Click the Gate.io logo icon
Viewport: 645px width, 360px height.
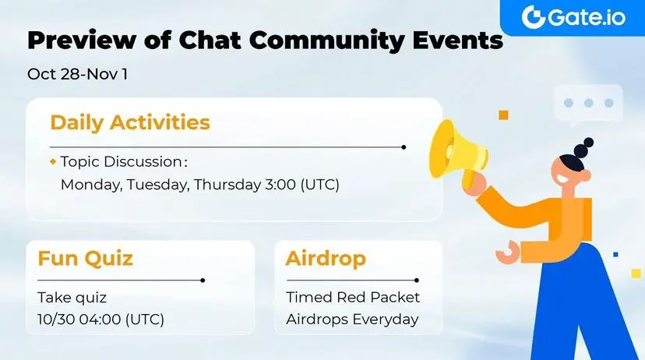534,17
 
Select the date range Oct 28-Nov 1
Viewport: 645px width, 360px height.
77,74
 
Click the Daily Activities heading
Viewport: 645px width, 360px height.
130,122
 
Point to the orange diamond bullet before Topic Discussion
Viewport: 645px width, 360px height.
53,162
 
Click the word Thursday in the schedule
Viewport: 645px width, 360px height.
227,185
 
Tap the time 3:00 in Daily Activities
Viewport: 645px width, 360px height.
280,185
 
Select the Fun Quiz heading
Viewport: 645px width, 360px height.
85,259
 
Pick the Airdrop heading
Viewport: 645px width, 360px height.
326,259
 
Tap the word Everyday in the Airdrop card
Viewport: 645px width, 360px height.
386,319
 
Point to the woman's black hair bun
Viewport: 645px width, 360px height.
584,147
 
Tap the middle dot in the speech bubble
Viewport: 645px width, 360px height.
589,103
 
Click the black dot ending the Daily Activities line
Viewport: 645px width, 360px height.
404,146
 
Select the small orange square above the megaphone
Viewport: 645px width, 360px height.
503,115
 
